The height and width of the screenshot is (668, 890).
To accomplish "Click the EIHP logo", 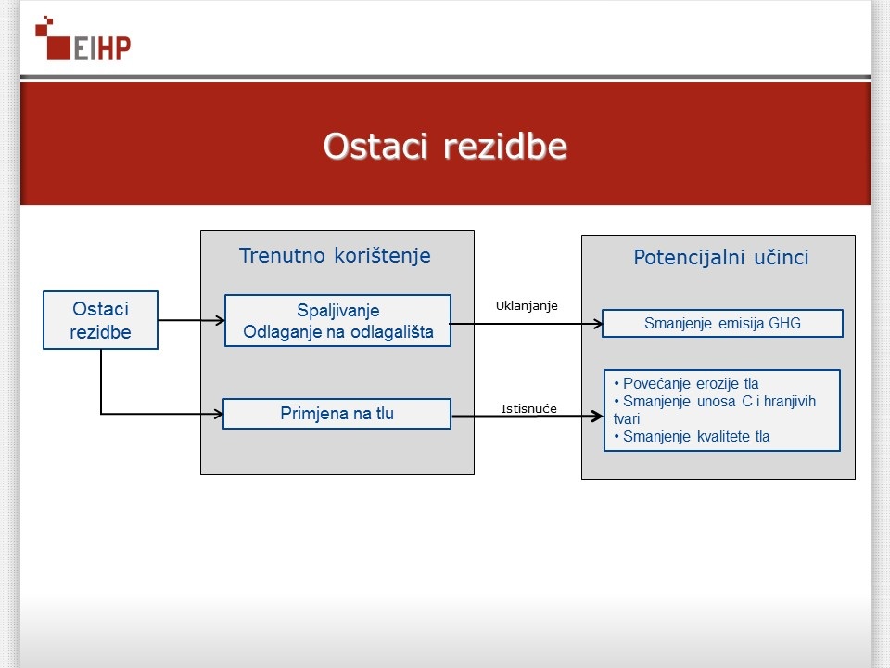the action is coord(83,39).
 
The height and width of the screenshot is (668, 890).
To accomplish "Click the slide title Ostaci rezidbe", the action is coord(445,146).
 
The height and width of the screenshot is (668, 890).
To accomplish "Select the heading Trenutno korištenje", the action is coord(335,256).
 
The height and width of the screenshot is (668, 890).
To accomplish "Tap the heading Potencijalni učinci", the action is coord(721,257).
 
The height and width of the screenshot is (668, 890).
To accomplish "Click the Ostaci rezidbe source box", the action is coord(100,320).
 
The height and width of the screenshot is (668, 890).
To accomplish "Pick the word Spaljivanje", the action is coord(338,311).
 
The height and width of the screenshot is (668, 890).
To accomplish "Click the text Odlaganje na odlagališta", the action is coord(338,332).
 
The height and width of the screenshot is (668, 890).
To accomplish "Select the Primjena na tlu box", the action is coord(337,414).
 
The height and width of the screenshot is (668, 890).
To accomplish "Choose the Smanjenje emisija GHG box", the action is coord(722,323).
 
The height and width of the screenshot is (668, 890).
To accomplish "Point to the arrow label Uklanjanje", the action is coord(527,305).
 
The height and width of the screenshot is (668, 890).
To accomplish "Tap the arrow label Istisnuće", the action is coord(529,408).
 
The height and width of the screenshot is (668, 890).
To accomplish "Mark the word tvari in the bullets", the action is coord(627,418).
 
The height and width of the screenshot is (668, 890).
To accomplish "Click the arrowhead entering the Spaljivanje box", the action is coord(221,320).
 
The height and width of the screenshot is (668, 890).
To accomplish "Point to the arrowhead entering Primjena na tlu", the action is coord(218,414).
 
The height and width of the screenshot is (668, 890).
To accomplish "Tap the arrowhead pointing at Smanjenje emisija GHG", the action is coord(598,324).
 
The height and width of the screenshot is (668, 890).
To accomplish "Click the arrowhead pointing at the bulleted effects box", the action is coord(597,417).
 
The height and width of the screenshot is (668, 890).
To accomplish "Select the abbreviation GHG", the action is coord(784,323).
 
